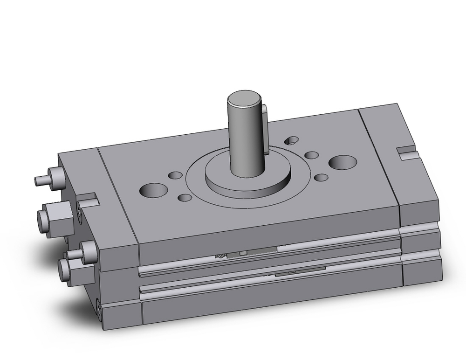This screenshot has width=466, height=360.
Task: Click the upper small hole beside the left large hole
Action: pyautogui.click(x=176, y=175)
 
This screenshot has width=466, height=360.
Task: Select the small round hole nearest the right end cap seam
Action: pyautogui.click(x=321, y=177)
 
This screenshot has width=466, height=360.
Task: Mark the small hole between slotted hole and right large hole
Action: pyautogui.click(x=311, y=155)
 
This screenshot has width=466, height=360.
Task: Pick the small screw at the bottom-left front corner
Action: pyautogui.click(x=99, y=308)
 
